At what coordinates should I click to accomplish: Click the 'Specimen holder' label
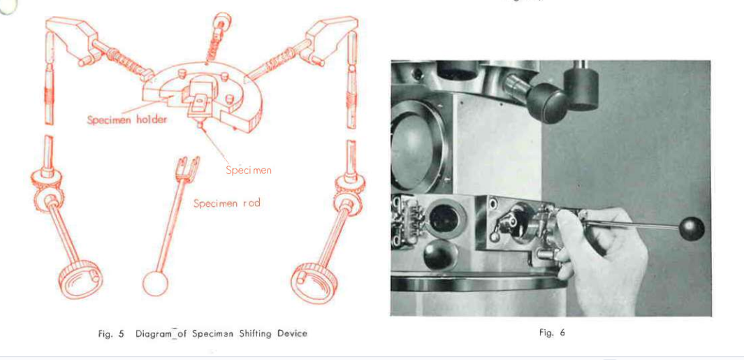pos(126,120)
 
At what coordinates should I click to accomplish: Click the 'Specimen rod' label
pos(226,203)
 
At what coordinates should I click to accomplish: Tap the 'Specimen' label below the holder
pos(248,170)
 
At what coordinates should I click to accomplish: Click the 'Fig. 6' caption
pos(551,333)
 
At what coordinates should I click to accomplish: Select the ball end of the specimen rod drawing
pos(154,282)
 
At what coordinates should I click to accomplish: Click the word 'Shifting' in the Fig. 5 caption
pos(254,333)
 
